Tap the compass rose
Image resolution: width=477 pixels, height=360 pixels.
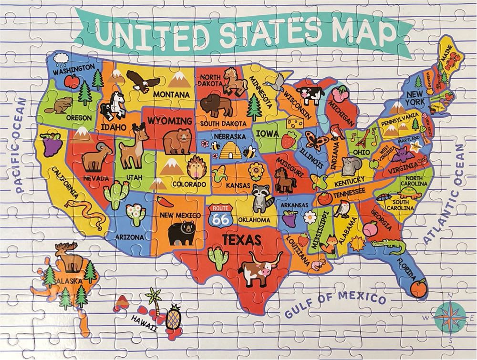point(450,317)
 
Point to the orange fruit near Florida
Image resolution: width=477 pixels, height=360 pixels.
point(419,288)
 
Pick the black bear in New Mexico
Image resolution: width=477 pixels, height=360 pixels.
point(180,232)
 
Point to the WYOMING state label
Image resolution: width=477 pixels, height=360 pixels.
point(170,121)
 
